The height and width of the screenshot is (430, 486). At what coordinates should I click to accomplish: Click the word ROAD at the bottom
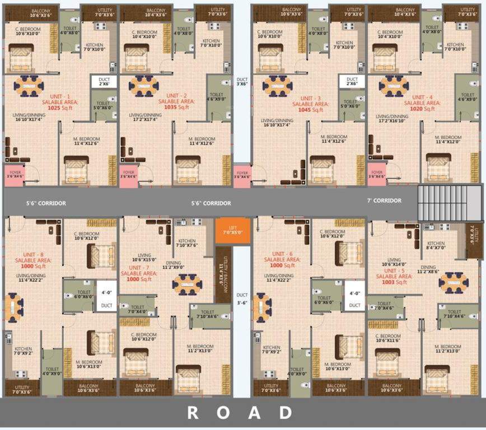240,413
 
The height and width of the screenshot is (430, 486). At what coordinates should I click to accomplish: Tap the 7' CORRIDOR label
384,200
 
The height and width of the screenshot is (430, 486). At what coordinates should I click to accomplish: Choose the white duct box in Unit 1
104,82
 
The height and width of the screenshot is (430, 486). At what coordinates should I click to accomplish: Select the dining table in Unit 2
144,86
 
